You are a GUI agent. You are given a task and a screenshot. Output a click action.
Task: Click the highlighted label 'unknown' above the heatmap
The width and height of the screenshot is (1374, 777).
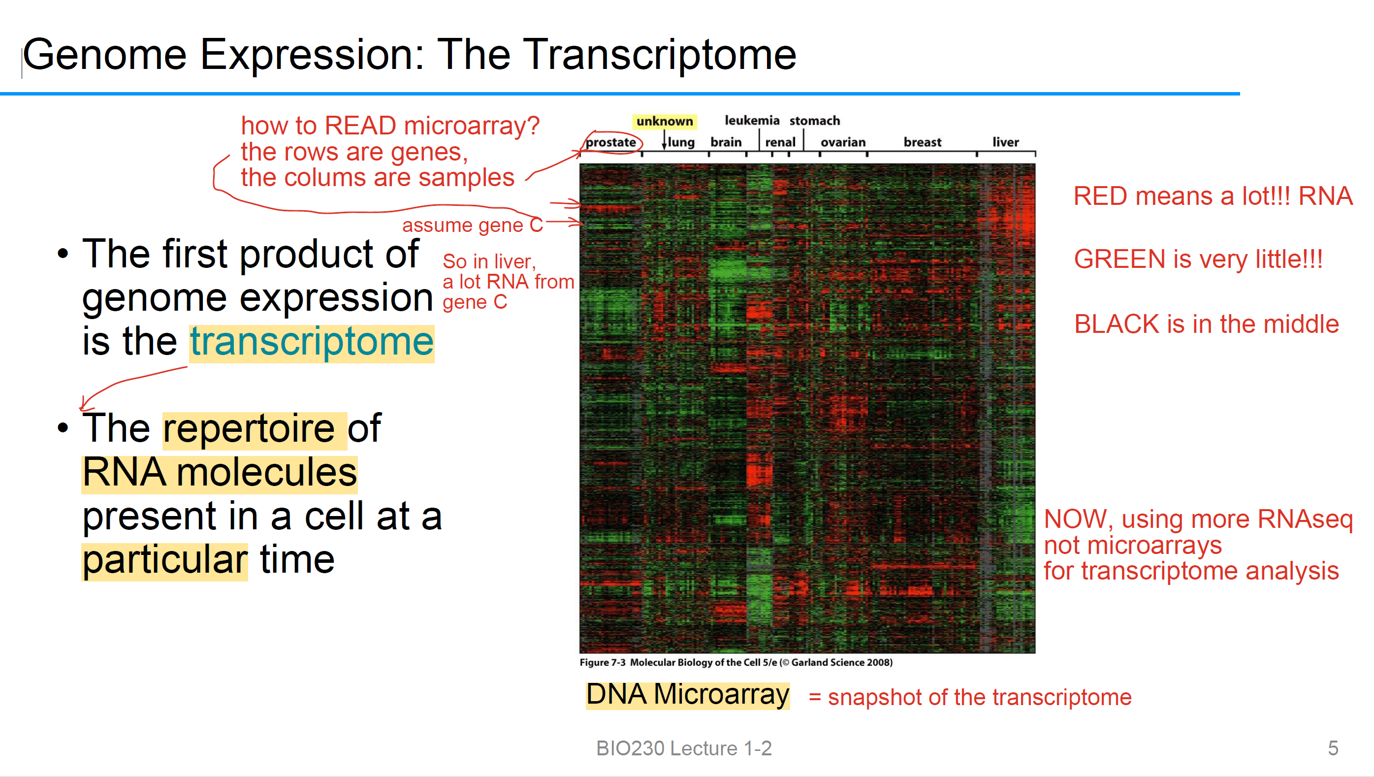[664, 121]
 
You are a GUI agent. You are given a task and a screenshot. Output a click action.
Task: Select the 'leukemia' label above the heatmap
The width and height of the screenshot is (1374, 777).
[752, 121]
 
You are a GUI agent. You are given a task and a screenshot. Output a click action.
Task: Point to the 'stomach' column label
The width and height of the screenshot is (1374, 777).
[814, 121]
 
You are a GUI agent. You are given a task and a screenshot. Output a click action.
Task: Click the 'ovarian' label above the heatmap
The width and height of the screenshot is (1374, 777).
[843, 142]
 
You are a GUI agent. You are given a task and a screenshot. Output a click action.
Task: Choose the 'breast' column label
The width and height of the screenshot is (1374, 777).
[922, 142]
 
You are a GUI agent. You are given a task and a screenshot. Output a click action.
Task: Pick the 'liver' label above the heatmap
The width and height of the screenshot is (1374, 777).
[1005, 142]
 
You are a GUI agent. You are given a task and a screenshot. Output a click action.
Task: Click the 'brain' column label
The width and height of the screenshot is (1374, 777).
[726, 142]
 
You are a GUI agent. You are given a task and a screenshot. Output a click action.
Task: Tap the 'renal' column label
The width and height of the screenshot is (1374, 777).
[780, 142]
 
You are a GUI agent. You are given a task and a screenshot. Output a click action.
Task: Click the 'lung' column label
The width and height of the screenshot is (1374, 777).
[681, 142]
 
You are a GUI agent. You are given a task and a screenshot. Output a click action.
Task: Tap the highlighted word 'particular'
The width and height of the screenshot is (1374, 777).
[165, 560]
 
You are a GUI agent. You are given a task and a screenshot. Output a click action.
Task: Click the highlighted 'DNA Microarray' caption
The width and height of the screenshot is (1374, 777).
[688, 695]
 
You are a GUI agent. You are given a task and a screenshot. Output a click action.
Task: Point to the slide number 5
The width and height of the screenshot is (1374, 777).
[1333, 748]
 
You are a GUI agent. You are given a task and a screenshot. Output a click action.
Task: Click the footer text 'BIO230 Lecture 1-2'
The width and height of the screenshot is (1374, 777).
[684, 748]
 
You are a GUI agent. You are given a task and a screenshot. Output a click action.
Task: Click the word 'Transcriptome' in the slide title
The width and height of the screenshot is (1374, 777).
[660, 55]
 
